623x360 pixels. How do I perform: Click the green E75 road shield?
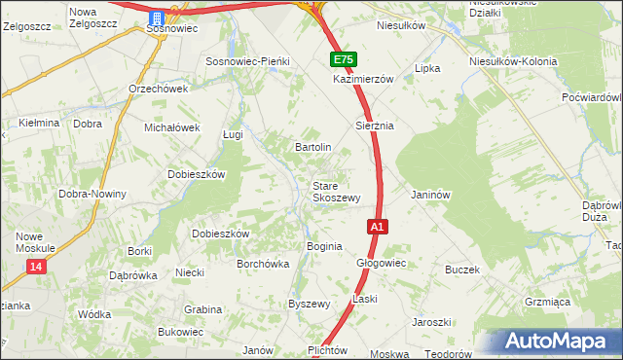point(343,60)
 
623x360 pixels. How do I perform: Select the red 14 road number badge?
point(36,267)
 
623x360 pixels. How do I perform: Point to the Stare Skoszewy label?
point(337,191)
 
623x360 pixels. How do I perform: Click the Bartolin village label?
point(313,147)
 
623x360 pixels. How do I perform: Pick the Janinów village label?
point(431,195)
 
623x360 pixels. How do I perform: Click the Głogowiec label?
point(381,264)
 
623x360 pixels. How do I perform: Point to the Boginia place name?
point(324,246)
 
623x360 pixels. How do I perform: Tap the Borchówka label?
point(265,264)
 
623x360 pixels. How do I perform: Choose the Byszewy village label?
point(310,304)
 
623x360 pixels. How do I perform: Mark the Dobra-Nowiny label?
point(92,194)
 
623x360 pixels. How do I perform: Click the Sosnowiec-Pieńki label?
point(247,61)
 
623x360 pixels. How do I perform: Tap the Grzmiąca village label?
point(547,303)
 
